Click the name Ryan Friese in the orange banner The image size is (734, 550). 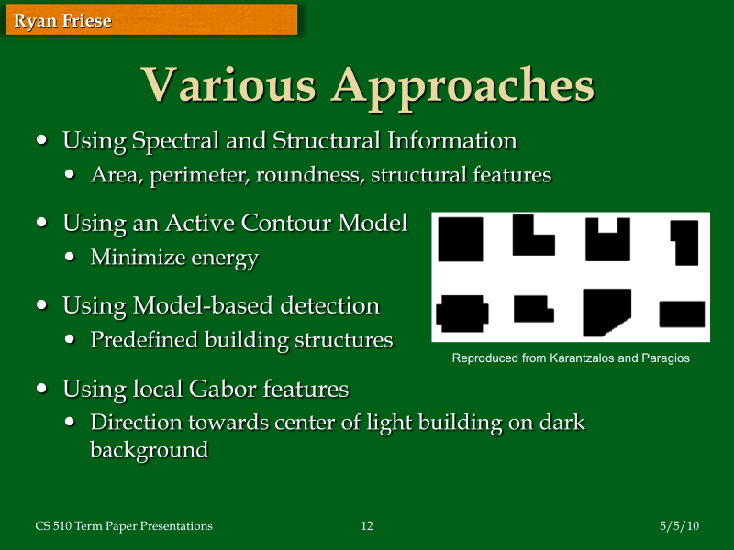62,21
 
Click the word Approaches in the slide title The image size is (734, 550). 462,84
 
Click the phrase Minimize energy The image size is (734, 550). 173,258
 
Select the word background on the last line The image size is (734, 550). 149,450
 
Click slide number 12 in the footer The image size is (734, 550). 367,526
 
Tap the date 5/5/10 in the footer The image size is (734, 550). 679,526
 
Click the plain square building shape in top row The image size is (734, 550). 461,238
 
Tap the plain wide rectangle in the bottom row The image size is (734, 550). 681,313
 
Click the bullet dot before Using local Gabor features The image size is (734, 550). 42,388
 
